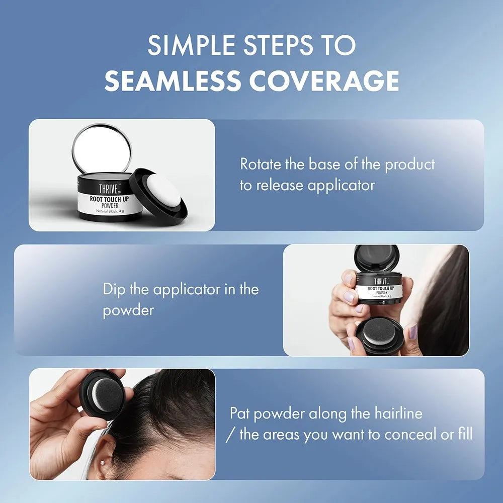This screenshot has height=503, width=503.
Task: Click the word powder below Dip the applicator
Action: (128, 310)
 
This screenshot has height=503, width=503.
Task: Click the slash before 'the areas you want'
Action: (230, 434)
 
